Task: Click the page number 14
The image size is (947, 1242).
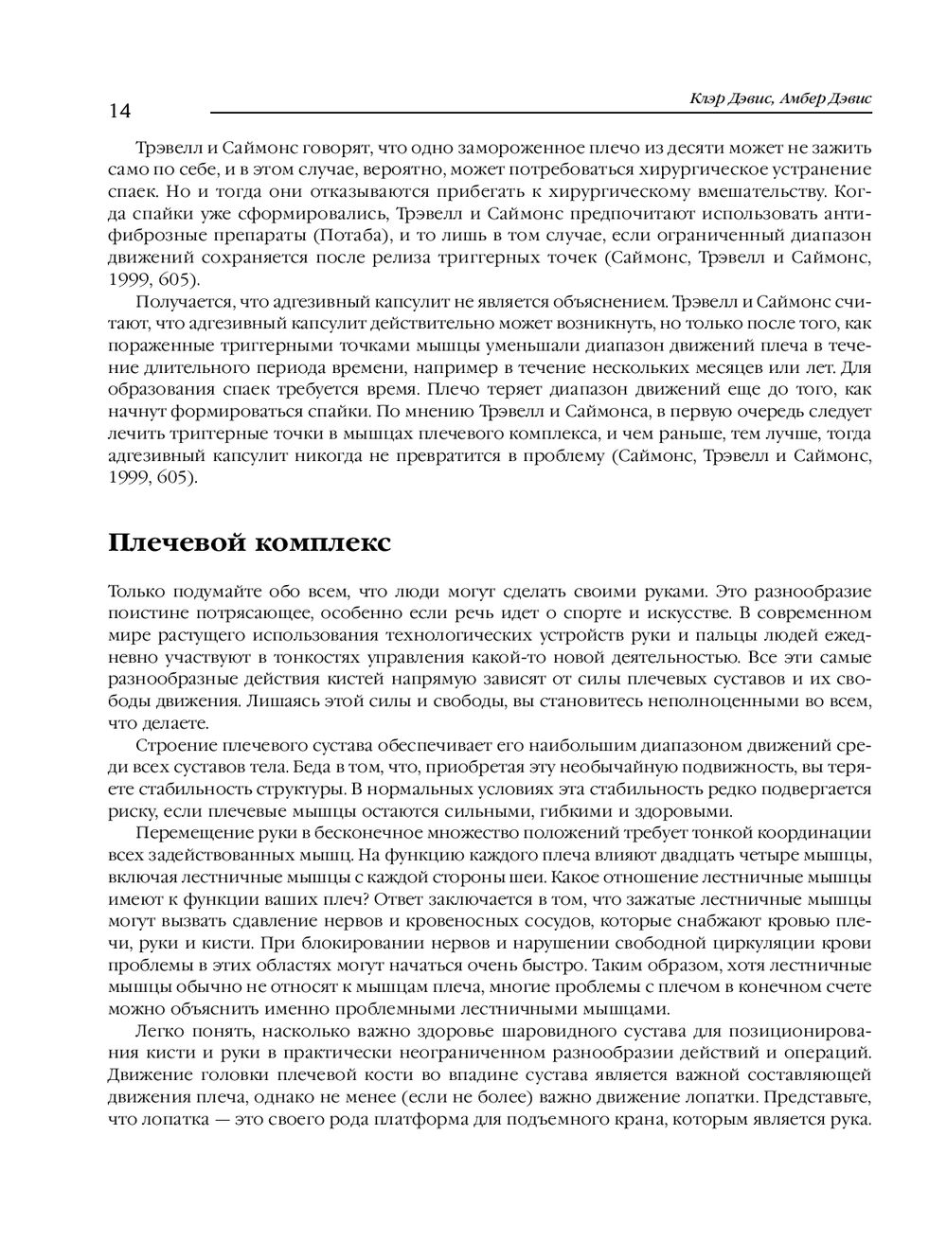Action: pyautogui.click(x=119, y=111)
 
